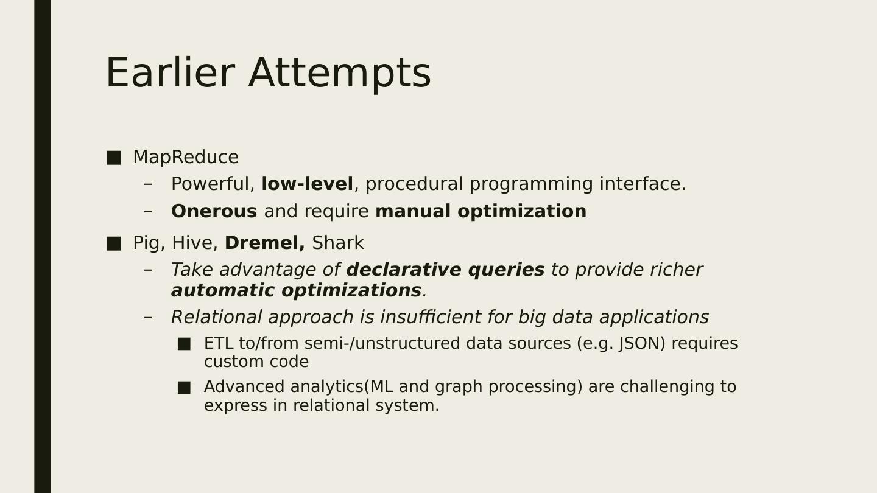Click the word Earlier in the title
171,73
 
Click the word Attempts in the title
339,74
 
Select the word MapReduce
186,157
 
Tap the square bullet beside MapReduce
113,158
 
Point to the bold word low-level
307,184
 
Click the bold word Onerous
214,211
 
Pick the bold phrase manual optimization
481,212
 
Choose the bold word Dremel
265,243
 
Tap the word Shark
338,243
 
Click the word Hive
195,243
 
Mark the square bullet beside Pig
113,243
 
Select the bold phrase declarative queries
446,270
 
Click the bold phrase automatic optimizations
297,291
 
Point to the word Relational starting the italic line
217,317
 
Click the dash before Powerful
148,184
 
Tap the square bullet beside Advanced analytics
184,388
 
